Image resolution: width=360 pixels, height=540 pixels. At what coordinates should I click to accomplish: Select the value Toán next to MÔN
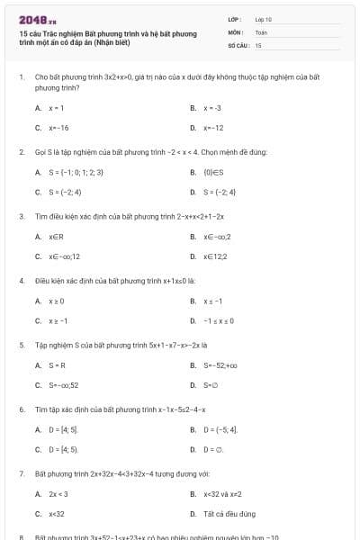point(261,31)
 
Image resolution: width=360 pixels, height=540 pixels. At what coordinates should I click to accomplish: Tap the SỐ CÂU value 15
point(258,44)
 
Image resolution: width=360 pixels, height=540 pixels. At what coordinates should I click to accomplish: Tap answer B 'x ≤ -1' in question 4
point(212,301)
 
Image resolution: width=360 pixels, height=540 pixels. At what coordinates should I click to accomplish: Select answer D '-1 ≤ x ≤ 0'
point(219,320)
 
